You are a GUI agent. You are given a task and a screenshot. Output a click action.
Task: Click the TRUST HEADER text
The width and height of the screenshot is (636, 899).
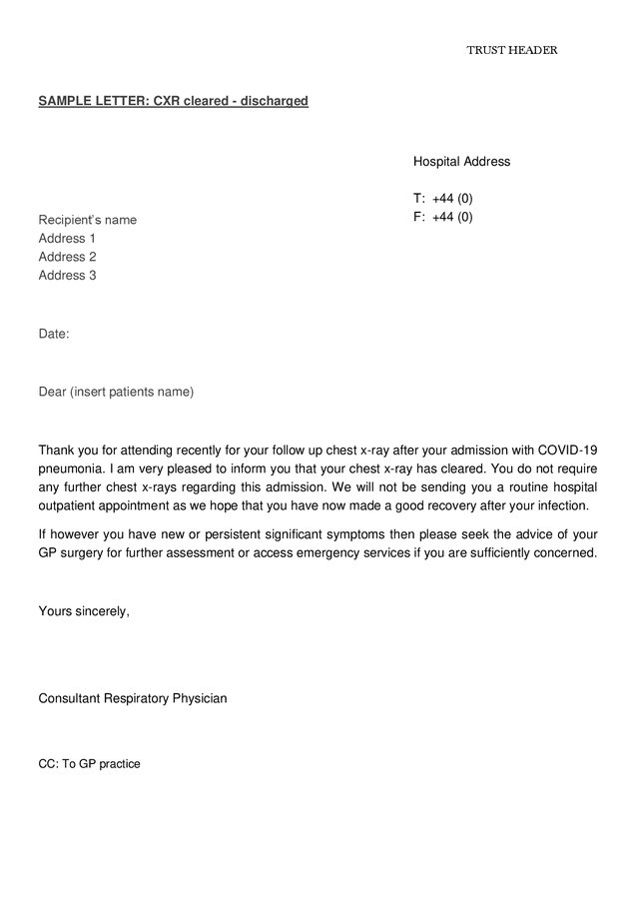511,50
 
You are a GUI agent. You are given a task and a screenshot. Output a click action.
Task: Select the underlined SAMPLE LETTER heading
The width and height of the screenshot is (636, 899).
173,101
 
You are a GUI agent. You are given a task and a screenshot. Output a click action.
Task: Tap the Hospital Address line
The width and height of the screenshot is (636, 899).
461,162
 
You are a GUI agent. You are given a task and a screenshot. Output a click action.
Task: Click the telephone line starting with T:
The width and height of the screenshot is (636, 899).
443,199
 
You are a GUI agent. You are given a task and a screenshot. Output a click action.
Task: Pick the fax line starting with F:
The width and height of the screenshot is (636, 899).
443,217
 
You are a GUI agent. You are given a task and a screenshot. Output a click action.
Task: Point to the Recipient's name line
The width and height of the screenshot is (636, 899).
88,220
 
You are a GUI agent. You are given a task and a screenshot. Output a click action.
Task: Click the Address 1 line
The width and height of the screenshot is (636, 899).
67,239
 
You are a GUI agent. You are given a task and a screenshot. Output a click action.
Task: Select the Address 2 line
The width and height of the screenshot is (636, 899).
67,257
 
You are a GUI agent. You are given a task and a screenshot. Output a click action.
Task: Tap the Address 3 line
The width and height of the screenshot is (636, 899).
67,276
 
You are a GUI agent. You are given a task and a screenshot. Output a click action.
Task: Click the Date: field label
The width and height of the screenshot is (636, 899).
54,334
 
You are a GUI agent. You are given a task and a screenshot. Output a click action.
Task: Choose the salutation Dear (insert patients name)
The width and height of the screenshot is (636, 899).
116,392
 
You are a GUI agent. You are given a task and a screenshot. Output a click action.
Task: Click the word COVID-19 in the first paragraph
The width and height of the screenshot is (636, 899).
567,449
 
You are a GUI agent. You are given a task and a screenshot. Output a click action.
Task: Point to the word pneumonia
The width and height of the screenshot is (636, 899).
71,468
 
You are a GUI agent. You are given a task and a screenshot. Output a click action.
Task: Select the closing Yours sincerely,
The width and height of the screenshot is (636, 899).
84,611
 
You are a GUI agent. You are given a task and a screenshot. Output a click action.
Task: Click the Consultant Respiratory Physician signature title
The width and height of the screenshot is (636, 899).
133,698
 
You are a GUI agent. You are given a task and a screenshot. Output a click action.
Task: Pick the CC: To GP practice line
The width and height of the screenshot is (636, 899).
89,764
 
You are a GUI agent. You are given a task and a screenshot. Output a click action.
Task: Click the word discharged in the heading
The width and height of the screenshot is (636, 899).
273,101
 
